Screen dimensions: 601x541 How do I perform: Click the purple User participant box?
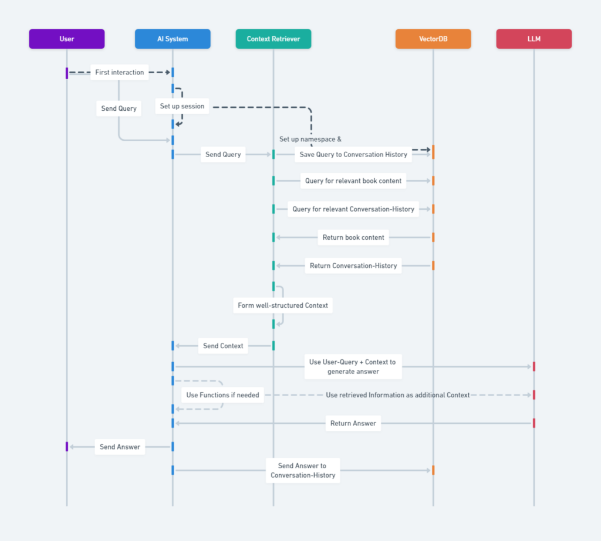67,39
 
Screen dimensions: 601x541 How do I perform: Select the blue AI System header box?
173,39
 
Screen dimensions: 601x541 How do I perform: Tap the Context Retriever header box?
274,39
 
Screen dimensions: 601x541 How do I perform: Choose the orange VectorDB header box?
433,39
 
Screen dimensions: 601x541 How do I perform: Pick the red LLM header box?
534,39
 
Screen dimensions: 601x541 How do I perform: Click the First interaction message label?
120,72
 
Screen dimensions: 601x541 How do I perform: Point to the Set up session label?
182,106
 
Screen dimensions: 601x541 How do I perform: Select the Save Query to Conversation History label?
353,154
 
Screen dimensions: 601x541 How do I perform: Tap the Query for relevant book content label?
353,181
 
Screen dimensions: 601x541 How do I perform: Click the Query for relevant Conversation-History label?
353,209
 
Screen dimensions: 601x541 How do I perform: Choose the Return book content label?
353,237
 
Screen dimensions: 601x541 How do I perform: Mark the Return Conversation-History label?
353,266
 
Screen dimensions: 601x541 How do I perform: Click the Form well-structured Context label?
283,305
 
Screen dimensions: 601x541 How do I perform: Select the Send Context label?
223,346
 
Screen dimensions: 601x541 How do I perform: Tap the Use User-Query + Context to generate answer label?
353,367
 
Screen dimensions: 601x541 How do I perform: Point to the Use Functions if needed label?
222,395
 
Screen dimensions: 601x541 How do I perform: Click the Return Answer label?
353,423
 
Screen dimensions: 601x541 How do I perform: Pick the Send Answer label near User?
120,447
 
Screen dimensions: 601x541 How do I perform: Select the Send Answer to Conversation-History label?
303,471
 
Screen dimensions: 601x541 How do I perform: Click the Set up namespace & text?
310,139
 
